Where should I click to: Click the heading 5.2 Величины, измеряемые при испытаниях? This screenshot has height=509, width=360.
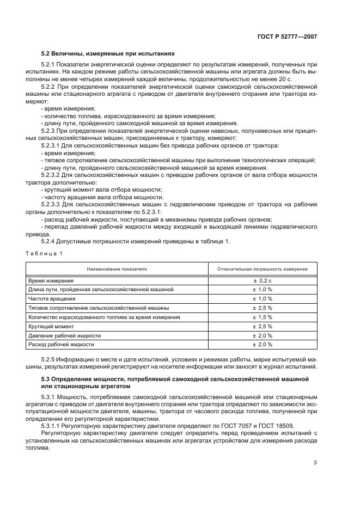click(108, 54)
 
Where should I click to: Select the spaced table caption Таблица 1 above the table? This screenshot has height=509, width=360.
click(46, 254)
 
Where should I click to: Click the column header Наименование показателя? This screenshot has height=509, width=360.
click(118, 269)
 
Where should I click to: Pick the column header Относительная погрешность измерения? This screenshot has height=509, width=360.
click(262, 269)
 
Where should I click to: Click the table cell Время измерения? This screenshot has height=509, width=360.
click(51, 280)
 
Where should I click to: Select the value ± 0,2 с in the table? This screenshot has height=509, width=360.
click(262, 280)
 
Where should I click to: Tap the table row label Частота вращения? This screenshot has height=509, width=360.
click(52, 299)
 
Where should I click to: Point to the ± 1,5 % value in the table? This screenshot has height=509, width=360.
click(262, 317)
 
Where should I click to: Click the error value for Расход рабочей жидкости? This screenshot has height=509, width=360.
click(262, 345)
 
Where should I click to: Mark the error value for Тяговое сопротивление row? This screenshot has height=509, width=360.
click(262, 308)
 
